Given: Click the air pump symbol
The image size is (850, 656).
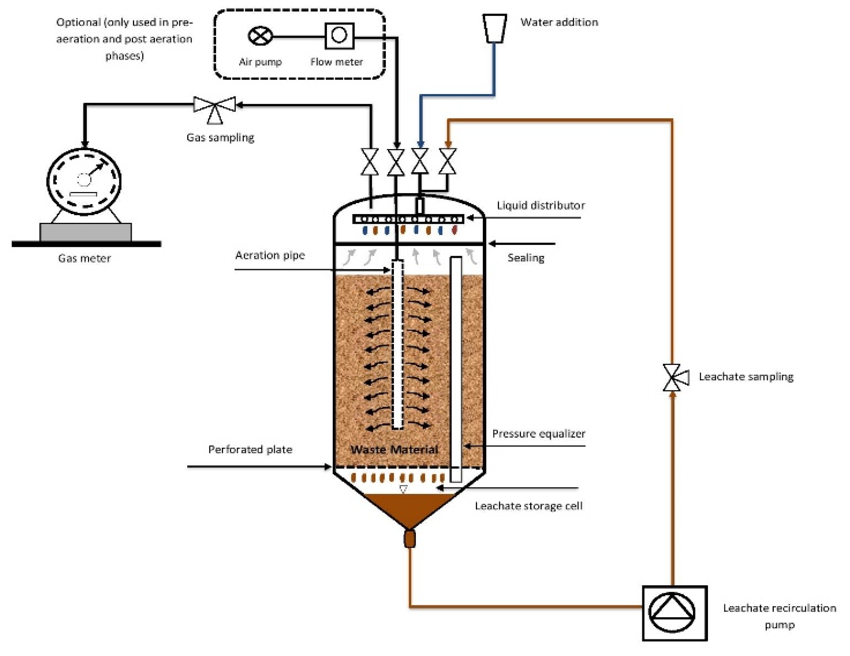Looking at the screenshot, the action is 260,36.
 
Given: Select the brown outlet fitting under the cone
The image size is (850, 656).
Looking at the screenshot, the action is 409,538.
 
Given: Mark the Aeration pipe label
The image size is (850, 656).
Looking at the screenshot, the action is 270,255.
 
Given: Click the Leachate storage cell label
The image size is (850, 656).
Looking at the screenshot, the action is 528,506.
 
